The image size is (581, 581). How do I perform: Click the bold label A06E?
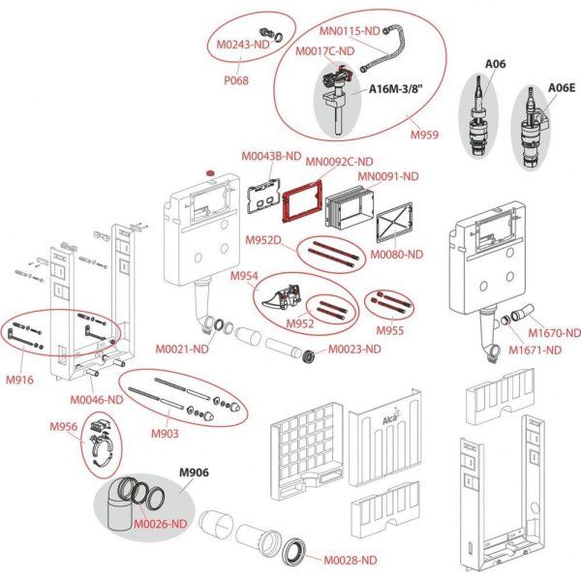coord(561,86)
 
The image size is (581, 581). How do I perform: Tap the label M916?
coord(19,380)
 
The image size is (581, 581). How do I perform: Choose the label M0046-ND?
coord(96,399)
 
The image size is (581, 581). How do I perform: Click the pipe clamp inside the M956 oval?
coord(103,444)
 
